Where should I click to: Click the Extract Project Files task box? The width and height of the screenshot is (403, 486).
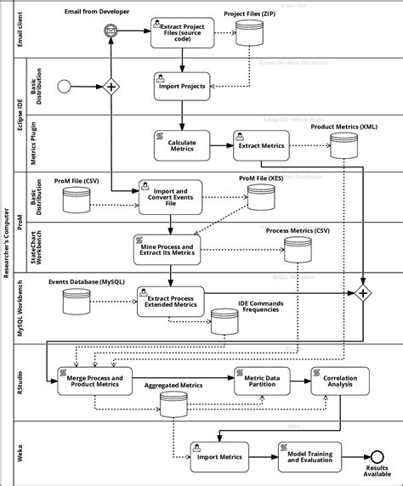click(x=182, y=33)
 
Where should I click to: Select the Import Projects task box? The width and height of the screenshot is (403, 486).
click(x=182, y=86)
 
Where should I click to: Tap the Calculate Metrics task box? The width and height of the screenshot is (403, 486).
click(x=182, y=144)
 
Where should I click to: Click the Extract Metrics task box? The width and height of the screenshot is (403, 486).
click(x=261, y=145)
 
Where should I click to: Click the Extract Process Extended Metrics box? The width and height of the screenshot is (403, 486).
click(x=170, y=300)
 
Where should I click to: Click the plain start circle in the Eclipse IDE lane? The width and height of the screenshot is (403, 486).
click(x=62, y=86)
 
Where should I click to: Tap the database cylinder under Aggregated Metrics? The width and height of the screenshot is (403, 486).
click(x=173, y=404)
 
